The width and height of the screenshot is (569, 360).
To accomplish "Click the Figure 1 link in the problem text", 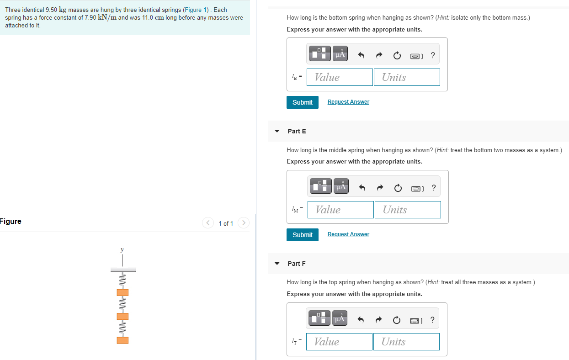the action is [195, 10].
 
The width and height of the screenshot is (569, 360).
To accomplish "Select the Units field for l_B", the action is [407, 77].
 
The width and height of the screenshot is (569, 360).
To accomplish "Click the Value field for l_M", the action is [340, 210].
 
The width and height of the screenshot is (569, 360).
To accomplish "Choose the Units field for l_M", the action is [408, 210].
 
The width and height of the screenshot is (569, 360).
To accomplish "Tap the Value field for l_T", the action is [339, 342].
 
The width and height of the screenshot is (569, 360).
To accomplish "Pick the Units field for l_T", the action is [406, 342].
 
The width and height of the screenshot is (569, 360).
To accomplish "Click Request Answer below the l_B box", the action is [348, 102].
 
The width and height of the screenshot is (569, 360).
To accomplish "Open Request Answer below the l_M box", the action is [348, 234].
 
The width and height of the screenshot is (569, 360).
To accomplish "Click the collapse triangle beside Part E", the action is [277, 131].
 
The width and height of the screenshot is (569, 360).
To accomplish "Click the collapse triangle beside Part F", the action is [277, 264].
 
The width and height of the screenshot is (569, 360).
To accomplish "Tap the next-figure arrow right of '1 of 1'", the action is [243, 223].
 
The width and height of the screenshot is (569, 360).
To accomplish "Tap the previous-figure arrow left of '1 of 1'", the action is [208, 223].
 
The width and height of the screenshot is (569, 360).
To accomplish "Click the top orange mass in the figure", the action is [122, 292].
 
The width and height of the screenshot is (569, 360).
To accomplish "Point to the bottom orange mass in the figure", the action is [122, 340].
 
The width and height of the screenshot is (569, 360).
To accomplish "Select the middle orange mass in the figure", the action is [122, 316].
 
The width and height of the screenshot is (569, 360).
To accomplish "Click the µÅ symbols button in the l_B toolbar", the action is [340, 53].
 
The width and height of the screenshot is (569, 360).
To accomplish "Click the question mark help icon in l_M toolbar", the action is [434, 188].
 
